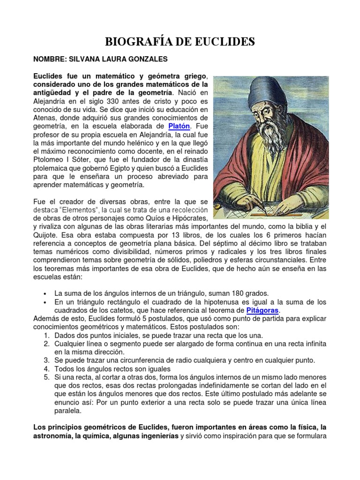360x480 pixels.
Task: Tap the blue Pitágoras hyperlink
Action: coord(262,310)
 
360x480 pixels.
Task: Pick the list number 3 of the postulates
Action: coord(47,360)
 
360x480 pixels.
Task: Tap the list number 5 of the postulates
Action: coord(47,377)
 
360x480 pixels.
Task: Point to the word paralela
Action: coord(68,411)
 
